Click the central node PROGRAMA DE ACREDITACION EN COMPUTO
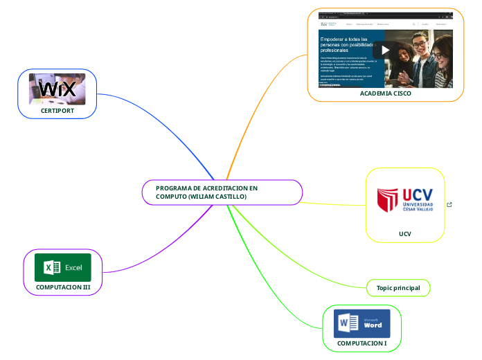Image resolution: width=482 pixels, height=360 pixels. coord(222,192)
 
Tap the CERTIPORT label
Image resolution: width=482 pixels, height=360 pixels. coord(57,109)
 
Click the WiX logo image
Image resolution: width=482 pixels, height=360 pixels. coord(57,89)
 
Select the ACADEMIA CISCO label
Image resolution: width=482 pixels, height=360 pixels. coord(385,93)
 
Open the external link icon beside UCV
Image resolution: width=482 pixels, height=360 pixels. coord(449,204)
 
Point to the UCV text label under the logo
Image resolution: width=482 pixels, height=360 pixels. coord(404,234)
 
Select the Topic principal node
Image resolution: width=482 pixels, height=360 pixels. coord(398,287)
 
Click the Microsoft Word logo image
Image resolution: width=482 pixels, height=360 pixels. coord(361,323)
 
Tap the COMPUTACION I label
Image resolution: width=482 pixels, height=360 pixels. coord(361,343)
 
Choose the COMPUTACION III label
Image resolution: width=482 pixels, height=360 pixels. coord(62,286)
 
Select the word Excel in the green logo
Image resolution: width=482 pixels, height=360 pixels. coord(73,267)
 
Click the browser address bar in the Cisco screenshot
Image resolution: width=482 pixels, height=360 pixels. coord(374,13)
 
